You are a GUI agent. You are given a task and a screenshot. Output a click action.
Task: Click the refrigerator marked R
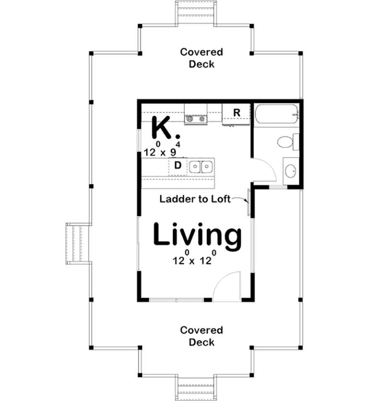click(x=236, y=113)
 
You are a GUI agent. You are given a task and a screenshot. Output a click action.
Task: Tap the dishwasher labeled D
click(x=177, y=166)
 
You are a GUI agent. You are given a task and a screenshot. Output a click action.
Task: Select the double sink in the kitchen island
click(x=201, y=167)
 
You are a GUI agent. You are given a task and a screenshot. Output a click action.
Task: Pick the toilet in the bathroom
click(x=287, y=142)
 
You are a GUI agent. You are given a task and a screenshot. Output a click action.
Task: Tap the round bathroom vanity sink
click(x=290, y=170)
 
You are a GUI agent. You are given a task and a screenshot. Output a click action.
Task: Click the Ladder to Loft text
click(x=195, y=199)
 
